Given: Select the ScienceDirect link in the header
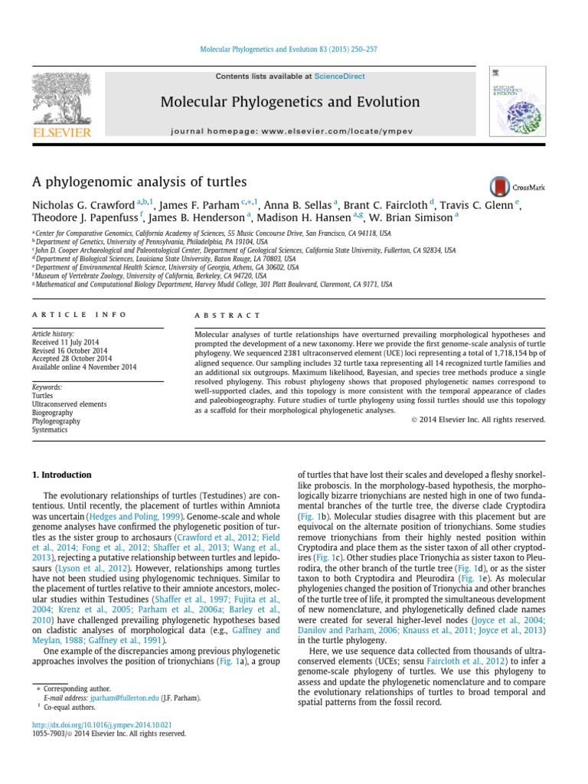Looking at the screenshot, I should [338, 77].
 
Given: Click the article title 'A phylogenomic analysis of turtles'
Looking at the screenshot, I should [139, 181].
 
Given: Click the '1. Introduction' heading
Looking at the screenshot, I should [61, 475].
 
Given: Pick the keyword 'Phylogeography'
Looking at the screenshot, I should [55, 421].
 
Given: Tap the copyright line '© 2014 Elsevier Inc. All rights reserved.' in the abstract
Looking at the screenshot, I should [478, 420].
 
